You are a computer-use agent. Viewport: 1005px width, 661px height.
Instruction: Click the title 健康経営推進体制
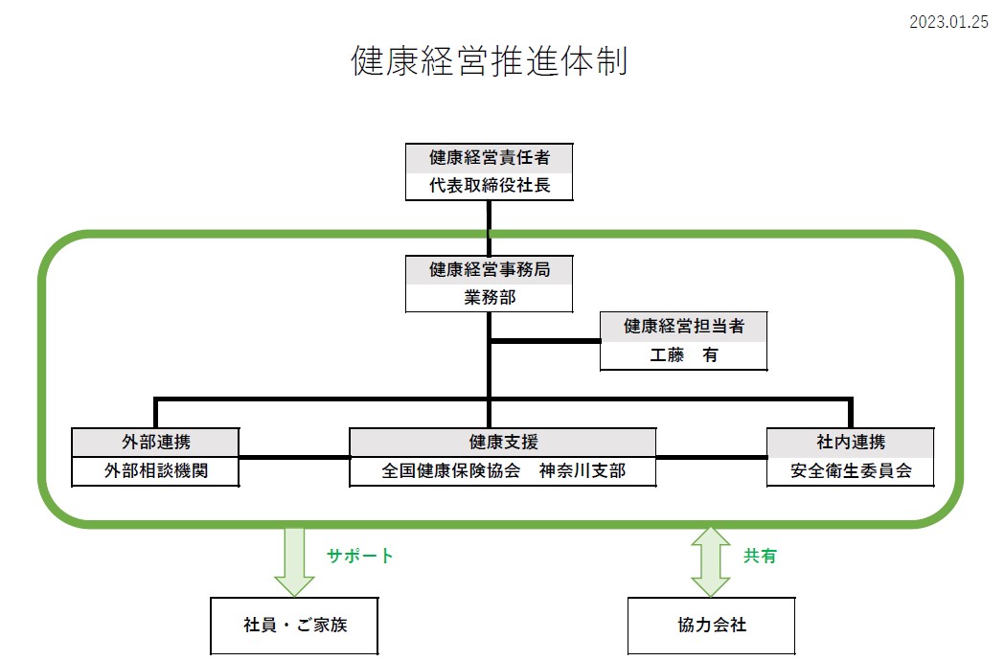click(489, 62)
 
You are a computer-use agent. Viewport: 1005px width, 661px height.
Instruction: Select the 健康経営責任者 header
click(489, 158)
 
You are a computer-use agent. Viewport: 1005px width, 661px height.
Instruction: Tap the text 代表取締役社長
click(489, 186)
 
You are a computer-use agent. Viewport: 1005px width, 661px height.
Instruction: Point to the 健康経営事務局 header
click(489, 270)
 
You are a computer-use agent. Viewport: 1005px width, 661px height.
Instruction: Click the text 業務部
click(489, 298)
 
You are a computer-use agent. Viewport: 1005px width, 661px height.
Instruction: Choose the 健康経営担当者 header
click(683, 327)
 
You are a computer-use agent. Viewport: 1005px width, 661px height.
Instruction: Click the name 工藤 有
click(683, 355)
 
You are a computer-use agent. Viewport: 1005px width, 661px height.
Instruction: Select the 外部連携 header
click(155, 443)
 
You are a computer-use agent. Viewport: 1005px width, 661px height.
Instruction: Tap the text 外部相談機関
click(155, 471)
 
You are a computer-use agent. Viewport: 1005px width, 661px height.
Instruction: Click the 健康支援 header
click(503, 443)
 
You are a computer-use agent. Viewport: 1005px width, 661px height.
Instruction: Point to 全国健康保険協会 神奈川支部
click(503, 471)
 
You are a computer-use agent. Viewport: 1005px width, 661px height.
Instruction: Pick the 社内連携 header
click(851, 443)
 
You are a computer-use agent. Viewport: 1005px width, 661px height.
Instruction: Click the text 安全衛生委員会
click(851, 471)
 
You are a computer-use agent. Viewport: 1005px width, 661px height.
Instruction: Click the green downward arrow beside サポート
click(294, 560)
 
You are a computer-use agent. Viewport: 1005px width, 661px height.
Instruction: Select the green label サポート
click(359, 556)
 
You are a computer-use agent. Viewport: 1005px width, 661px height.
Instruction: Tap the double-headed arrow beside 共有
click(710, 560)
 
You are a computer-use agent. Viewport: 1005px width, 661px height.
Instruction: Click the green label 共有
click(760, 556)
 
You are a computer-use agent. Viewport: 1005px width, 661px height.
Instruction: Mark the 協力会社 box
click(711, 626)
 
